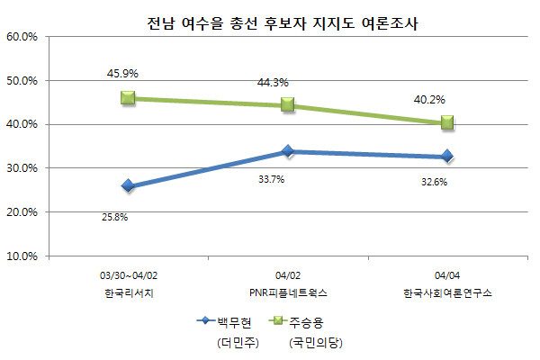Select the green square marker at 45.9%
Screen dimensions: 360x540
[x=128, y=98]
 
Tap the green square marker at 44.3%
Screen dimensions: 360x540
[x=288, y=104]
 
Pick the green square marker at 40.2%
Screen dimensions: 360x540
[x=447, y=123]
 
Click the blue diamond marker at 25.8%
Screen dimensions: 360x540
[x=128, y=186]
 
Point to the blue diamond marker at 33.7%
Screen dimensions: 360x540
[x=288, y=151]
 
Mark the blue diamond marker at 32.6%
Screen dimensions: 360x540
[x=447, y=157]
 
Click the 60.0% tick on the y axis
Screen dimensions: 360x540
[x=22, y=37]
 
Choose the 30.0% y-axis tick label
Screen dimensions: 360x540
[x=22, y=168]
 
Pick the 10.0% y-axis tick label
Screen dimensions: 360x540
[x=22, y=256]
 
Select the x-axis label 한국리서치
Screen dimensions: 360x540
[x=129, y=293]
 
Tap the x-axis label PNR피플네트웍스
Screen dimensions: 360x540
[x=288, y=293]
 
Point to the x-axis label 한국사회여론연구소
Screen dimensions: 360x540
[x=446, y=293]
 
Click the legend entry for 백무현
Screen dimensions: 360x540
[x=222, y=322]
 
